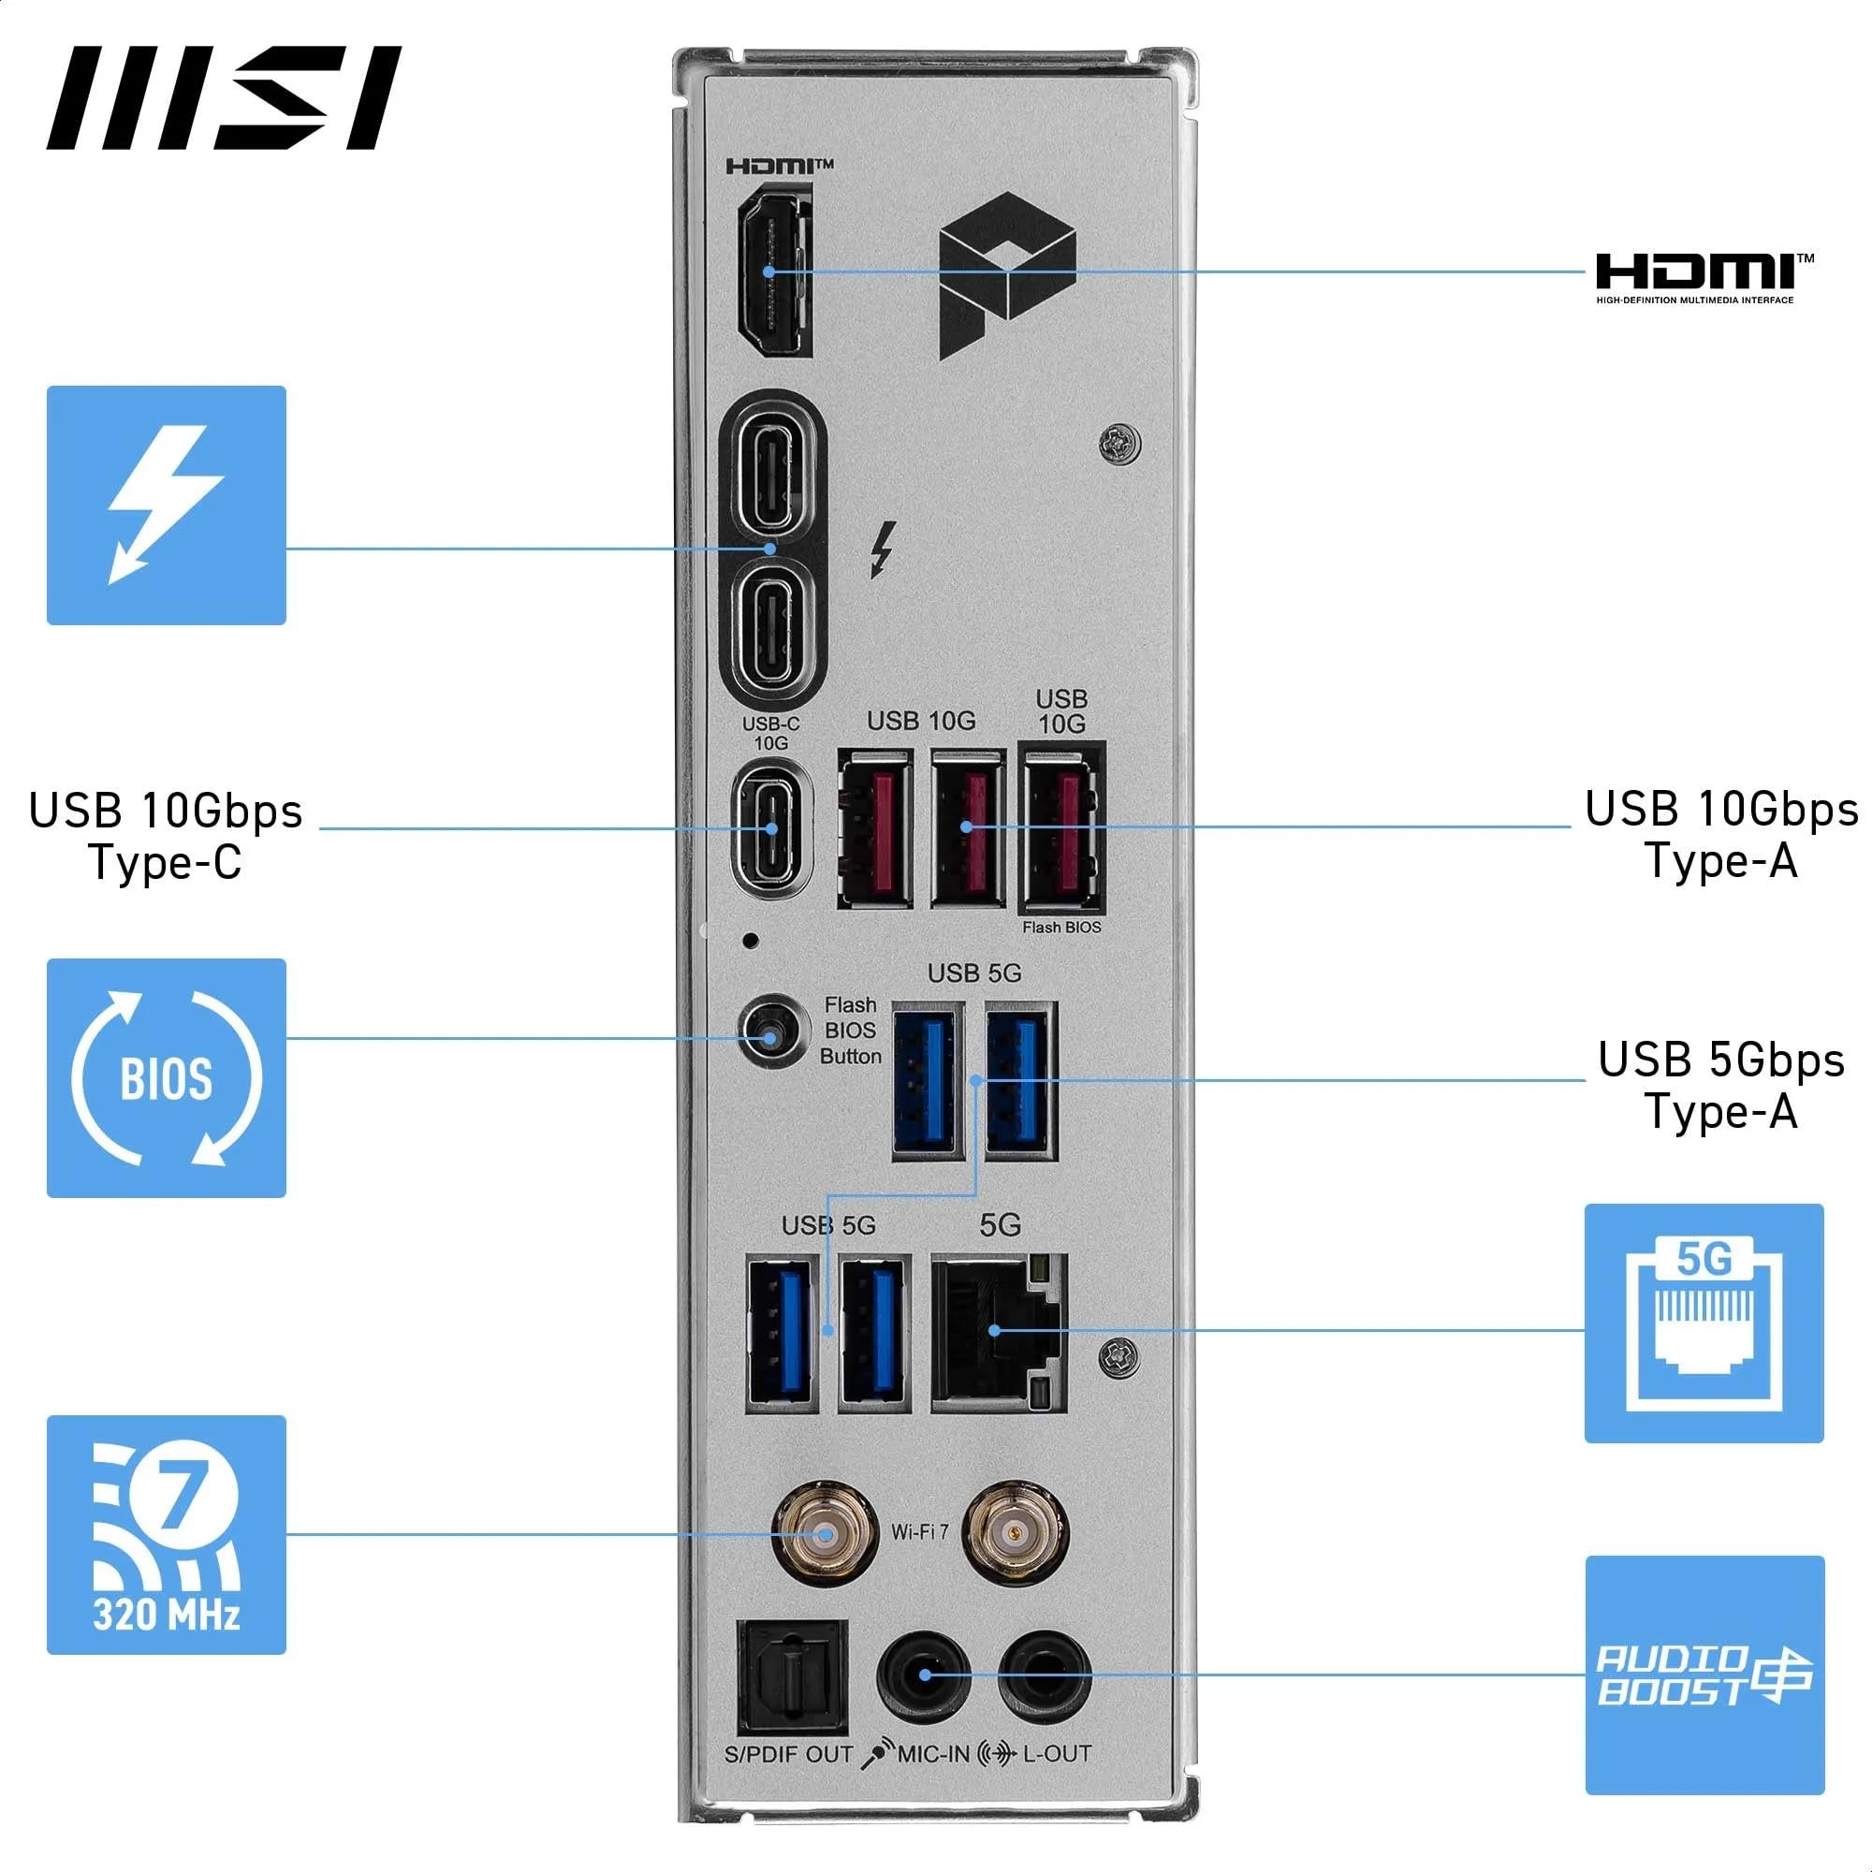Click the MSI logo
tap(223, 98)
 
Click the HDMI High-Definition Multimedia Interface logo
tap(1704, 277)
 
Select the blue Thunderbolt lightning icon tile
tap(166, 505)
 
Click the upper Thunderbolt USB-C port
tap(771, 474)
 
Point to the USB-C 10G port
tap(771, 827)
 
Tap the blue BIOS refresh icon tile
tap(166, 1077)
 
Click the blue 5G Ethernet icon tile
tap(1704, 1323)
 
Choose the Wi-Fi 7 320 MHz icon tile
tap(166, 1534)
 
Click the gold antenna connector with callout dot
tap(825, 1534)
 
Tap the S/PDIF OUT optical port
tap(792, 1677)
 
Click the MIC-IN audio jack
tap(925, 1675)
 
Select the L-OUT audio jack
tap(1044, 1675)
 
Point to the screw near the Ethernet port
tap(1119, 1356)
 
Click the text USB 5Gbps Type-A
tap(1721, 1085)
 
